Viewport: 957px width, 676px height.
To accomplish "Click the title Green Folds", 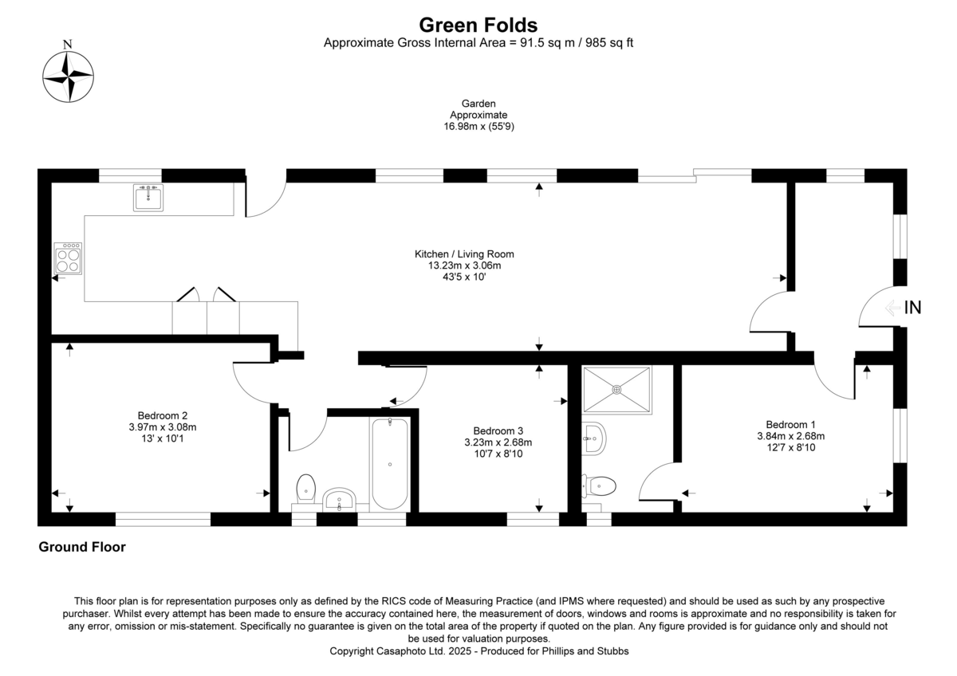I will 478,26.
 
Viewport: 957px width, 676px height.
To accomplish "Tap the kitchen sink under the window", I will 148,197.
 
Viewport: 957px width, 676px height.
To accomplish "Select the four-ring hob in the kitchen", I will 68,258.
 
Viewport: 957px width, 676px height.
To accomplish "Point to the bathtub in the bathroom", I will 389,464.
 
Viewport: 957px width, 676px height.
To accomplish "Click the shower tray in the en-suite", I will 616,389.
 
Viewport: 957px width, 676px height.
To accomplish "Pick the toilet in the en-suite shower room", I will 601,485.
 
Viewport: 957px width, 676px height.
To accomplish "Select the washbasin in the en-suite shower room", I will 593,437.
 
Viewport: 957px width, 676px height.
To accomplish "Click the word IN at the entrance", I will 912,308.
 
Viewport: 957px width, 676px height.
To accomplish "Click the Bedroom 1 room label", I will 790,424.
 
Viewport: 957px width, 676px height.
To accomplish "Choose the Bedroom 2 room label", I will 162,415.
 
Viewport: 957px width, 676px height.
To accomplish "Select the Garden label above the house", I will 478,104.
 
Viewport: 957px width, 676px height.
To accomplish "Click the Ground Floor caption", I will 82,548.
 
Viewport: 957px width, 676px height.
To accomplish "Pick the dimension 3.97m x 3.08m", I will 162,426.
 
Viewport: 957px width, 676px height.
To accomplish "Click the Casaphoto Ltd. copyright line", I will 478,651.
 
